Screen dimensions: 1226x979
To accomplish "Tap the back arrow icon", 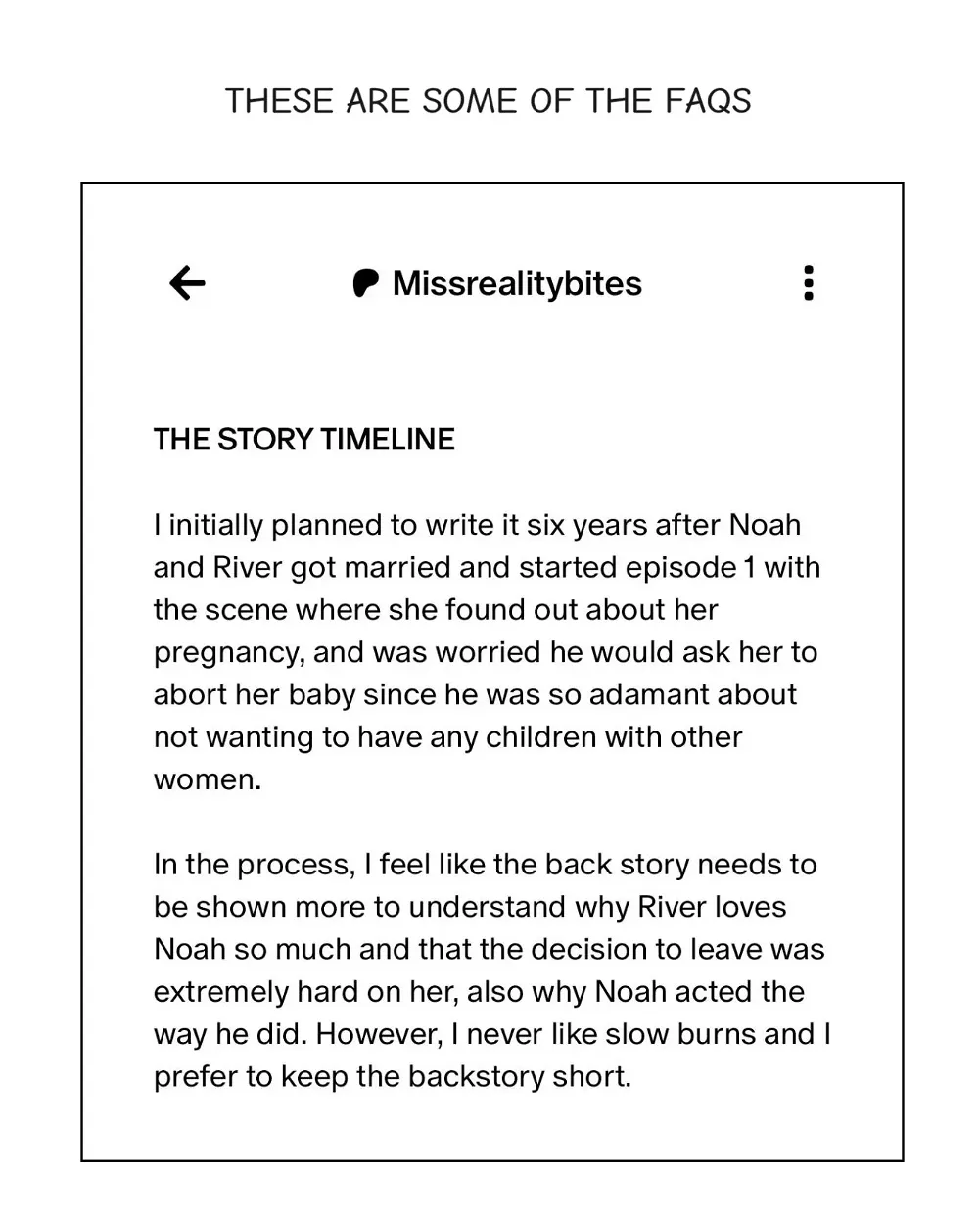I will tap(187, 283).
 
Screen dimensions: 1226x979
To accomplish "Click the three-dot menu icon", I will tap(808, 283).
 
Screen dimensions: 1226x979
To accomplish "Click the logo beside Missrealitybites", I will tap(365, 283).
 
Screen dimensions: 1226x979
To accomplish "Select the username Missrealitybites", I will tap(517, 283).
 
